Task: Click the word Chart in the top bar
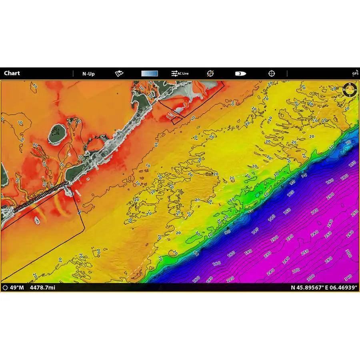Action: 12,73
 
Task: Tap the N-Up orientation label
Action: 88,74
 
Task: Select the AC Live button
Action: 180,74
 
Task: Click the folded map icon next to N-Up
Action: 119,74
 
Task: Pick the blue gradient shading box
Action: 150,74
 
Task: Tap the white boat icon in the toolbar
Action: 240,74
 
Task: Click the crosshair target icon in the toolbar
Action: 272,74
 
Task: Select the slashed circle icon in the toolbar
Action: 210,74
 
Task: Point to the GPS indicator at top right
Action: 355,73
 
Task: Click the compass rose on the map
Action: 350,90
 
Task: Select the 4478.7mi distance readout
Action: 42,287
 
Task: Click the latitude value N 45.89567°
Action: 306,287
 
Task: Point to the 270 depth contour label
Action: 296,270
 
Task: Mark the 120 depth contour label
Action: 290,193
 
